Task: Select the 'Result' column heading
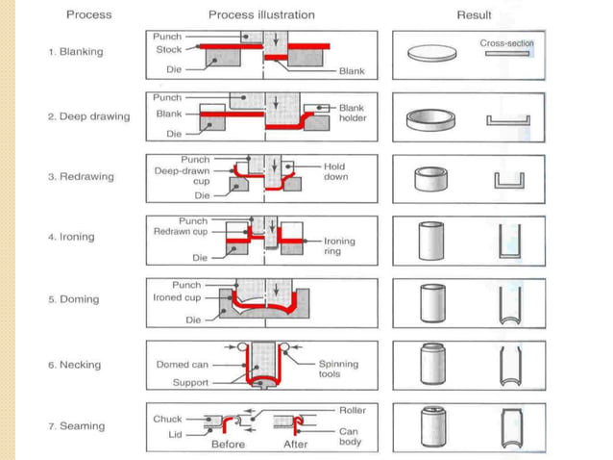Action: click(474, 15)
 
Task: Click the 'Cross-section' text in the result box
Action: click(507, 43)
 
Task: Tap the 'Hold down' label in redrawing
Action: click(334, 171)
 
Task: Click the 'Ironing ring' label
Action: click(339, 246)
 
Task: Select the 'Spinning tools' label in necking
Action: click(338, 370)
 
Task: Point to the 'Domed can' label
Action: click(183, 365)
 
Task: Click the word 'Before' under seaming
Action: click(228, 445)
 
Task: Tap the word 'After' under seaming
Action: click(295, 445)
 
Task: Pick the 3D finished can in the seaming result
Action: click(431, 425)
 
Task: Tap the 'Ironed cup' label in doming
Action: click(178, 298)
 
